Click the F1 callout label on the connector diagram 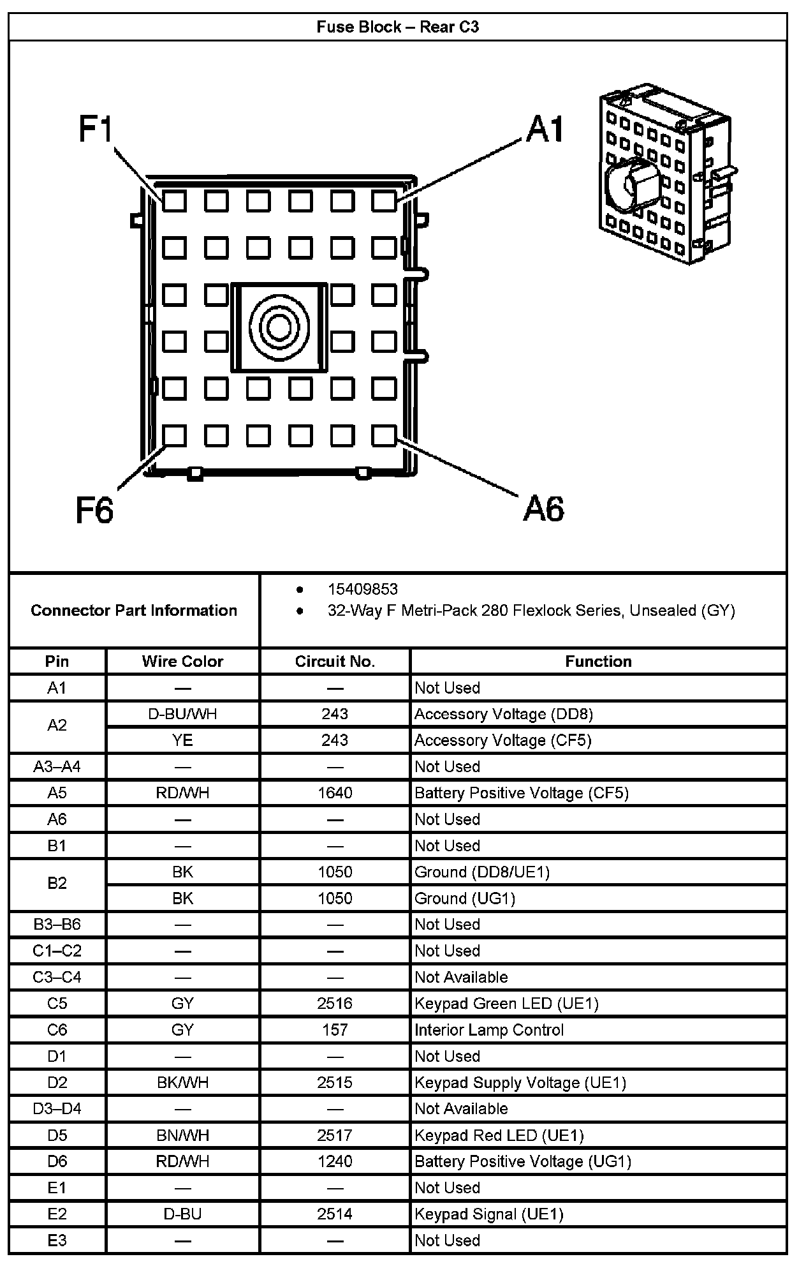click(96, 129)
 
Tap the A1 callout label click(545, 129)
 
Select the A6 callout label click(543, 509)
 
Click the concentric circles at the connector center click(278, 327)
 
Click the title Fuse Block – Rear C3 click(397, 27)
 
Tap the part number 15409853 click(362, 589)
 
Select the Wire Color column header click(182, 661)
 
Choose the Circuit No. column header click(335, 661)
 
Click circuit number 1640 click(335, 793)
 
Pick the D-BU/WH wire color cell click(182, 714)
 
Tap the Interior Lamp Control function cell click(489, 1029)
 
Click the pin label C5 click(57, 1003)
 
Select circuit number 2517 click(335, 1135)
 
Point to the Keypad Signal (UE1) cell click(489, 1214)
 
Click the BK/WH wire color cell click(182, 1082)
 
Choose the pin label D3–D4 click(57, 1108)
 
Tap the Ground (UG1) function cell click(465, 898)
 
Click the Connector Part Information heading click(134, 610)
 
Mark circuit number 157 click(335, 1029)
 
